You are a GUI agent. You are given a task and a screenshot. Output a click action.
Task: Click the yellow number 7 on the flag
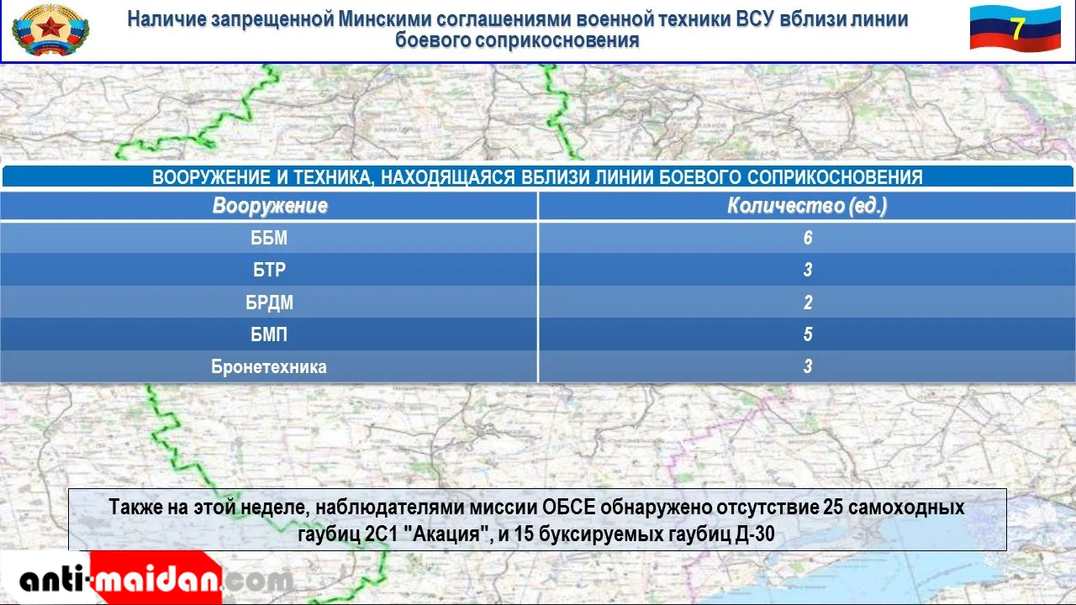pyautogui.click(x=1017, y=29)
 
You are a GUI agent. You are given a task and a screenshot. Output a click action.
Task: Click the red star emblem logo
pyautogui.click(x=50, y=29)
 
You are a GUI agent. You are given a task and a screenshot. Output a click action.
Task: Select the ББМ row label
pyautogui.click(x=269, y=238)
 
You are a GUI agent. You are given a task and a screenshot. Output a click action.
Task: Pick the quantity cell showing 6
pyautogui.click(x=808, y=238)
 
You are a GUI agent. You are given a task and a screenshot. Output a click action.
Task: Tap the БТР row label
pyautogui.click(x=269, y=270)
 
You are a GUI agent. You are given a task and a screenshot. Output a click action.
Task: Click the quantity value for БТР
pyautogui.click(x=808, y=270)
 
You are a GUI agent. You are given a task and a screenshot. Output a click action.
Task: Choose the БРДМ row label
pyautogui.click(x=269, y=302)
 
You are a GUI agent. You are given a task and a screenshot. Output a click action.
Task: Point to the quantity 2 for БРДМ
pyautogui.click(x=808, y=302)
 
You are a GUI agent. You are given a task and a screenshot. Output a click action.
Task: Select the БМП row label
pyautogui.click(x=269, y=334)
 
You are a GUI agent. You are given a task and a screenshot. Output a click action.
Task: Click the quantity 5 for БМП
pyautogui.click(x=808, y=334)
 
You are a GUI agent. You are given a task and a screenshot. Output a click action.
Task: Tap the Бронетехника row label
pyautogui.click(x=269, y=367)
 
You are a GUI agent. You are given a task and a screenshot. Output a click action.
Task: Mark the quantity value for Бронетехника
pyautogui.click(x=808, y=366)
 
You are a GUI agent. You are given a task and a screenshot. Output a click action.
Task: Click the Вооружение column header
pyautogui.click(x=270, y=206)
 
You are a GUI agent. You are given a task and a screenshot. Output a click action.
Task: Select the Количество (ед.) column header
pyautogui.click(x=807, y=206)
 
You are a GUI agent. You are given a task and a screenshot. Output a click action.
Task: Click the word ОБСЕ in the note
pyautogui.click(x=569, y=507)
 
